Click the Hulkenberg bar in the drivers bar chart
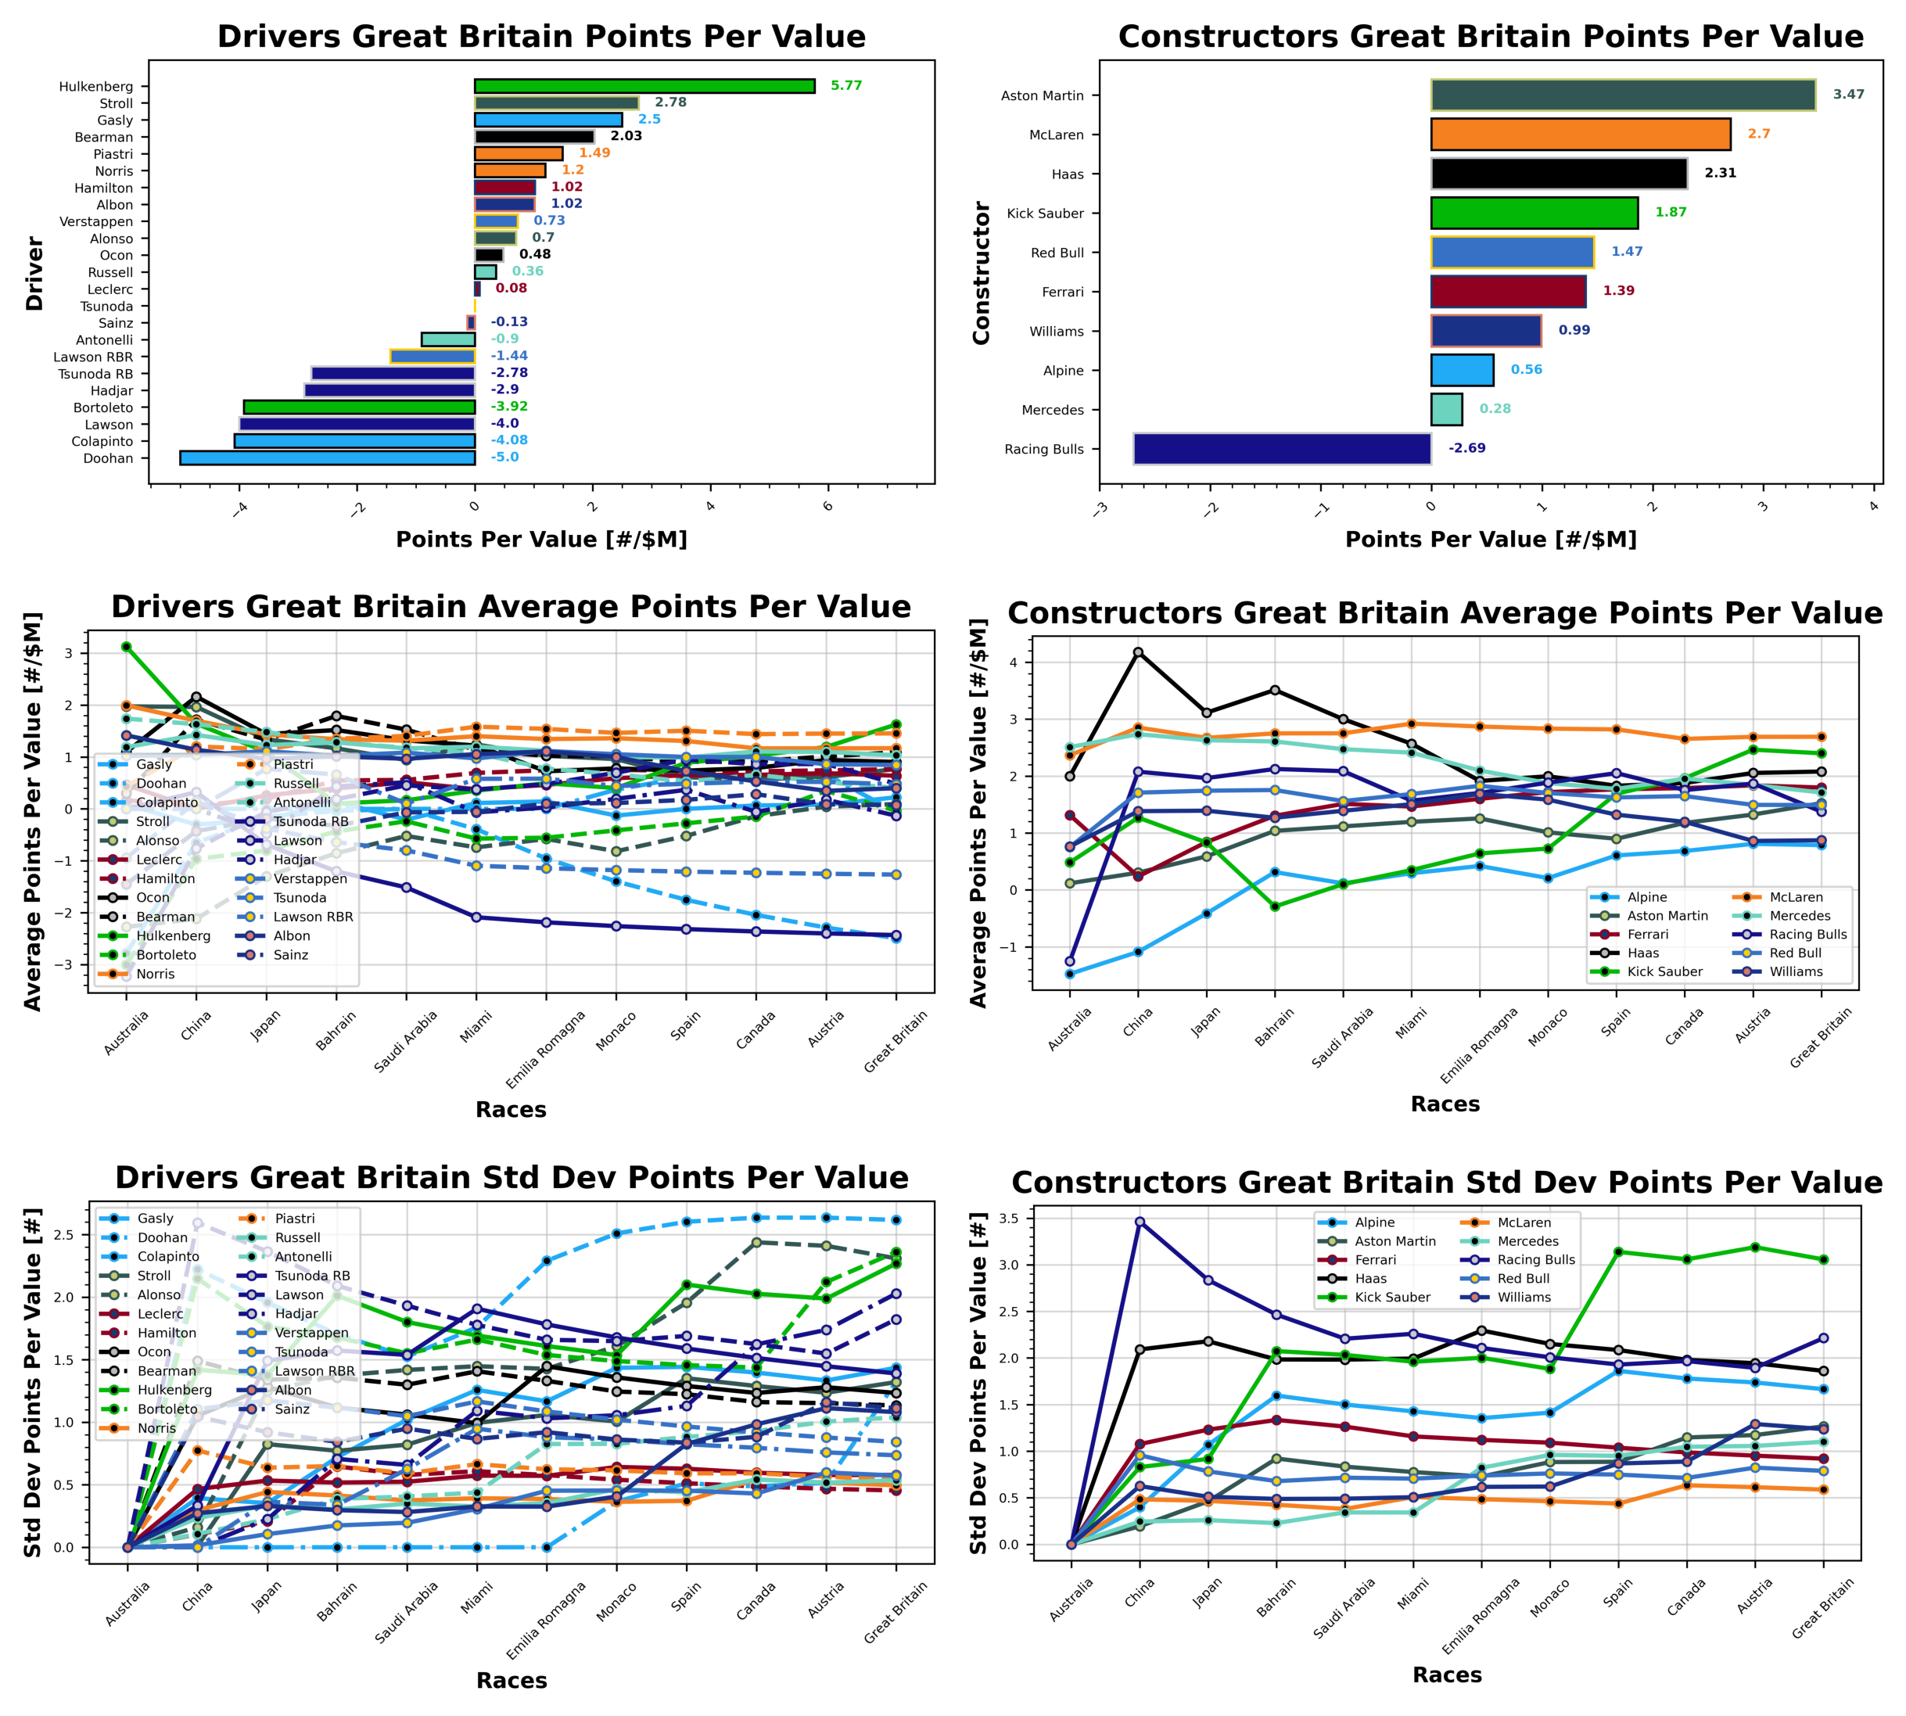point(644,86)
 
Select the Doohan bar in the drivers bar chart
point(327,458)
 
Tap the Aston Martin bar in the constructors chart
point(1622,95)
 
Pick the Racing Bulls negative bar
point(1282,449)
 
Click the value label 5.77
point(845,86)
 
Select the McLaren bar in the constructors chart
point(1580,135)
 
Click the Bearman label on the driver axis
point(104,137)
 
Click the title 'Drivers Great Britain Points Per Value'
point(541,36)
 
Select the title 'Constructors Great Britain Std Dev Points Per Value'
point(1447,1183)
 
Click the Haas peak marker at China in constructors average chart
point(1138,652)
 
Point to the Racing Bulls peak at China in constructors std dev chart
point(1140,1222)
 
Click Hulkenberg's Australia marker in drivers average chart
point(127,647)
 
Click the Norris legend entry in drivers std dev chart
point(156,1428)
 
